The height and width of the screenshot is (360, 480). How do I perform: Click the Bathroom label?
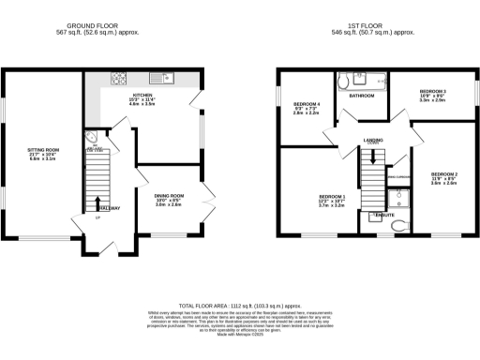[x=362, y=96]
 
